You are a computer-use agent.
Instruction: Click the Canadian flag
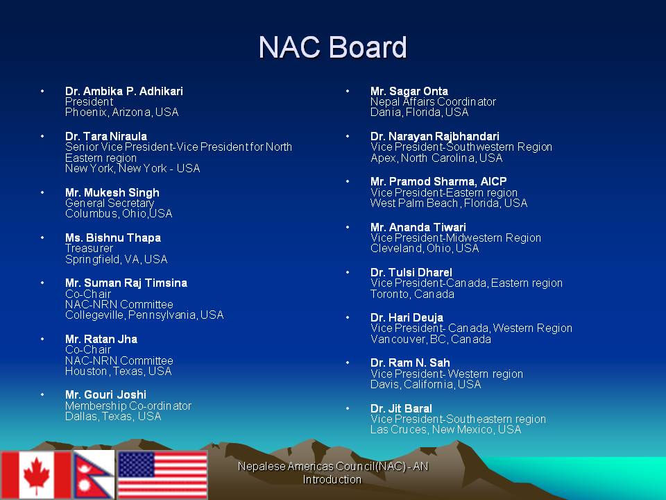click(x=35, y=474)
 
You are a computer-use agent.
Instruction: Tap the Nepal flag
click(x=94, y=474)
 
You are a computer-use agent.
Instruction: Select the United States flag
click(x=162, y=474)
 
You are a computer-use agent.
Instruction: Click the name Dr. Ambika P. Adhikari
click(x=124, y=91)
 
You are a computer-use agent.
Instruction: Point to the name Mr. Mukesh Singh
click(x=112, y=192)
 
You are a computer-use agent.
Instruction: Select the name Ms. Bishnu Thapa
click(x=113, y=237)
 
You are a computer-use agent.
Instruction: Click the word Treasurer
click(x=89, y=249)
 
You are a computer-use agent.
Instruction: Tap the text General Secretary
click(x=110, y=203)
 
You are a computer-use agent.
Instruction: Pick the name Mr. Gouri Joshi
click(x=105, y=394)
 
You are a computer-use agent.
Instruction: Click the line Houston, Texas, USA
click(x=119, y=371)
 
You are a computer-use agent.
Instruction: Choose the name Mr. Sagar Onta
click(x=409, y=91)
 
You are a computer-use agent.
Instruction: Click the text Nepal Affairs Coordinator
click(x=433, y=101)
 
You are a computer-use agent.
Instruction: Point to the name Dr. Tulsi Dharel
click(x=411, y=272)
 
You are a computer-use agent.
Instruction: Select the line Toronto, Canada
click(x=412, y=294)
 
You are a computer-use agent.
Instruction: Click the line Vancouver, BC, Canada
click(x=431, y=340)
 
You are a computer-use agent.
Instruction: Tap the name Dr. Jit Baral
click(x=401, y=408)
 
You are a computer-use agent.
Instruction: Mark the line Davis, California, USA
click(x=425, y=384)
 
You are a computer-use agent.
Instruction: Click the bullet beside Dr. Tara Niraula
click(x=42, y=136)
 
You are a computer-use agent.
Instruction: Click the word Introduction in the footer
click(x=332, y=479)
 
